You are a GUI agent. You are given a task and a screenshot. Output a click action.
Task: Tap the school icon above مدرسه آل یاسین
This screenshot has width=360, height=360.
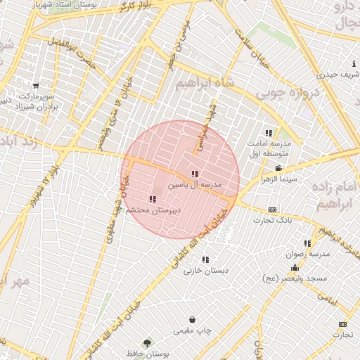[195, 174]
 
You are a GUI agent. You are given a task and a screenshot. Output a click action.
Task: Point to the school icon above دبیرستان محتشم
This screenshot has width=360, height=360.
[153, 199]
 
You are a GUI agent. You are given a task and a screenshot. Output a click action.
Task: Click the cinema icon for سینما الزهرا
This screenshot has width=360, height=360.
[279, 168]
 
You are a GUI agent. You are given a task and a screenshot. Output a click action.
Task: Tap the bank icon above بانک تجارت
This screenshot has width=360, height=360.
[272, 210]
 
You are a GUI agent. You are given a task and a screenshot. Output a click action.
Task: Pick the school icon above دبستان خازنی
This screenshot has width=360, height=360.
[205, 259]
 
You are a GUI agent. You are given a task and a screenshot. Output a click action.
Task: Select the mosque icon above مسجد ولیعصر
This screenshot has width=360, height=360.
[295, 268]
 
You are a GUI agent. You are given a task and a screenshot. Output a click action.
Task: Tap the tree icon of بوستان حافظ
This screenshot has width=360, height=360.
[147, 343]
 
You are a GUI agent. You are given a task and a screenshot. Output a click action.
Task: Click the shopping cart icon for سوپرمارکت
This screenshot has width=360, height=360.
[36, 86]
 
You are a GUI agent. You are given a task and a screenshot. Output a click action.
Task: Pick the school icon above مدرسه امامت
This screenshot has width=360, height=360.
[269, 133]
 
